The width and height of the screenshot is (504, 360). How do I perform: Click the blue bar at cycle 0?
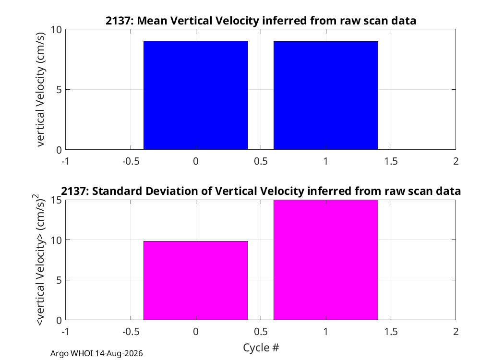click(196, 95)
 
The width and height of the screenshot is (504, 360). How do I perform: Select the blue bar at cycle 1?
click(326, 96)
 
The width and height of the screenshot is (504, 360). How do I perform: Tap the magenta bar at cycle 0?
click(196, 280)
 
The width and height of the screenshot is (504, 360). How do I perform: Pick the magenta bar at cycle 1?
click(326, 260)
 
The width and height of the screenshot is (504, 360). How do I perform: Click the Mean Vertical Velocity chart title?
click(261, 21)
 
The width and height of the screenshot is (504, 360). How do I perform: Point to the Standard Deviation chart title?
click(261, 191)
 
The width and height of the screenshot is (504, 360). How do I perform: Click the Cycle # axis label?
click(261, 348)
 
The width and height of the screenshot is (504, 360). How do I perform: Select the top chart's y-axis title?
click(40, 89)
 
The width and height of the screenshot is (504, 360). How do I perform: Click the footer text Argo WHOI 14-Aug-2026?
click(96, 353)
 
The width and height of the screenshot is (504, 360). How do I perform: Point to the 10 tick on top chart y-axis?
click(56, 30)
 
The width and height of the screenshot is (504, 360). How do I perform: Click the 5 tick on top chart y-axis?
click(59, 90)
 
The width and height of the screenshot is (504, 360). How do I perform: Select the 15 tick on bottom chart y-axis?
click(56, 200)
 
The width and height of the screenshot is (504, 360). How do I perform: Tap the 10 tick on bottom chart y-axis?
click(56, 240)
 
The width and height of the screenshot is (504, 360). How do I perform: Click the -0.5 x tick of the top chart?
click(131, 161)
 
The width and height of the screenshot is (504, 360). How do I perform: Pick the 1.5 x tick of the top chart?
click(391, 161)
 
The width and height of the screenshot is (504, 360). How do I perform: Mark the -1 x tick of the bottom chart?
click(66, 331)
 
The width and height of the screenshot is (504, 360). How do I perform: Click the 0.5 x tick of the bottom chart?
click(261, 331)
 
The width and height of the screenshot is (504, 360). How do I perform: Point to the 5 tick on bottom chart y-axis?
click(59, 280)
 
